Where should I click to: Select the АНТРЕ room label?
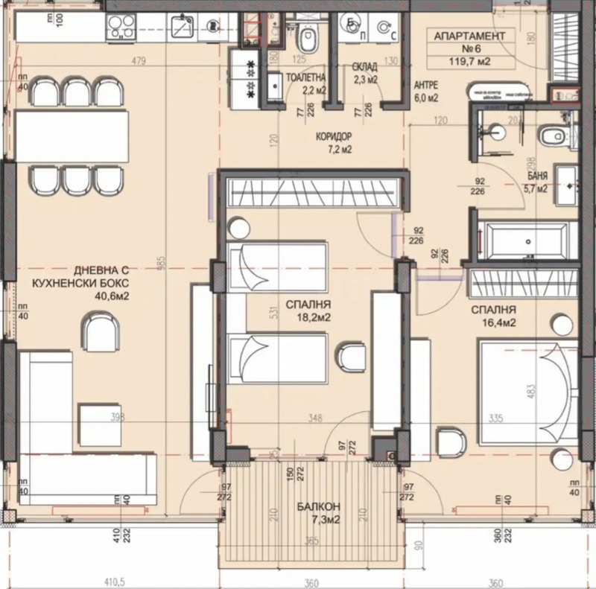click(425, 85)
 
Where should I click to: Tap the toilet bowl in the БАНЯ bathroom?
click(551, 136)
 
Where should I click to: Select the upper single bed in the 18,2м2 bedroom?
click(277, 266)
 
